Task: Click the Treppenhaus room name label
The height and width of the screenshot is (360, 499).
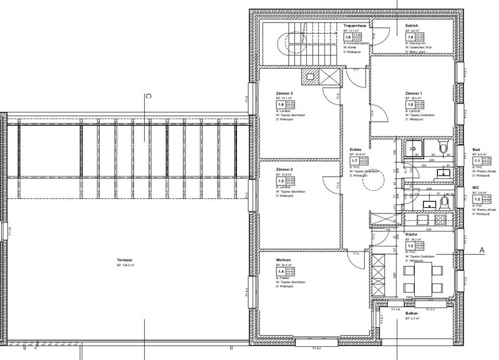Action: coord(354,25)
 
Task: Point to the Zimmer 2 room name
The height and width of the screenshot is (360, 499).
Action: coord(284,170)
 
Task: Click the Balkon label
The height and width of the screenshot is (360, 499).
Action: coord(411,314)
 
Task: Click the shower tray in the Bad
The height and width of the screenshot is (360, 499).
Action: coord(412,149)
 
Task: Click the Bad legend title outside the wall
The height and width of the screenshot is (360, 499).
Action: coord(476,150)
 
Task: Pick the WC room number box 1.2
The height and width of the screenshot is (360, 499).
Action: coord(478,198)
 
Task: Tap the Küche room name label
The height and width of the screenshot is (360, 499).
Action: coord(411,235)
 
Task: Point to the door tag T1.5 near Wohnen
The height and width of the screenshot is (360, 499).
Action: coord(356,253)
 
